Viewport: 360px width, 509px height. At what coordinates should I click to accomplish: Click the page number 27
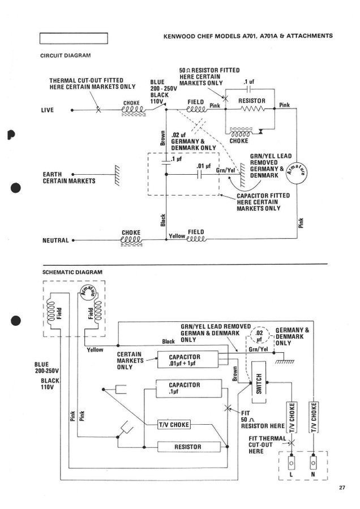pos(342,488)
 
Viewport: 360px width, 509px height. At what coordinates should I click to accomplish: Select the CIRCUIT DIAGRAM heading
pos(65,55)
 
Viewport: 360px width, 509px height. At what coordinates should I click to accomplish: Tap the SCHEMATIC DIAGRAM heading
pos(72,272)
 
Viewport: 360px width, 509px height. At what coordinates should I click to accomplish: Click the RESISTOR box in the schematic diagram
pos(187,447)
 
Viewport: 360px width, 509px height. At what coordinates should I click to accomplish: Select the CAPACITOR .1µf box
pos(187,387)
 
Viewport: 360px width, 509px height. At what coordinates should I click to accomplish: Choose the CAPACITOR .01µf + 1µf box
pos(187,359)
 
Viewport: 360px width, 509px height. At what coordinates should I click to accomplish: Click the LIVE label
pos(48,110)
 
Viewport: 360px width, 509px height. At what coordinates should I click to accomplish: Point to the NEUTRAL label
pos(55,240)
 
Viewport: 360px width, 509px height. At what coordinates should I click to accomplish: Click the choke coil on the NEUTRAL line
pos(131,240)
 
